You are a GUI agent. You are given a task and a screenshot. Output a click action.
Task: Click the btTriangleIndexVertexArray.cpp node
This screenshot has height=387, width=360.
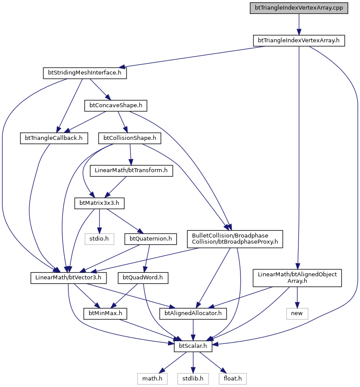299,8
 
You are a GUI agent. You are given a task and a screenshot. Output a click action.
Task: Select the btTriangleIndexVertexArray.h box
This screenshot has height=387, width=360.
299,41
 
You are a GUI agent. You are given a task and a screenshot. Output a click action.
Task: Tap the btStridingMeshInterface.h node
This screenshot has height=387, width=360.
85,73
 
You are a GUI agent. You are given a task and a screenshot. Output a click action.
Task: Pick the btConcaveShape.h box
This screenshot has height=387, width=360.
116,105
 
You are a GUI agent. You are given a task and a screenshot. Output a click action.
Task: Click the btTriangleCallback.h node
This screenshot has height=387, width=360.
54,138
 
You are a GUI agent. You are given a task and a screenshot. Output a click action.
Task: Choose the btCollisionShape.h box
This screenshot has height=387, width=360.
130,138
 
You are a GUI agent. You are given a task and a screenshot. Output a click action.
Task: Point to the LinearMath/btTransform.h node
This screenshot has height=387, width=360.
131,170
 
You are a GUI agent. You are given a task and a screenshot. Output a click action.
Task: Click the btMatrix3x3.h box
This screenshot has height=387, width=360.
99,203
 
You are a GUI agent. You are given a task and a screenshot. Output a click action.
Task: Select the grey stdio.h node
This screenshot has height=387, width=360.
99,239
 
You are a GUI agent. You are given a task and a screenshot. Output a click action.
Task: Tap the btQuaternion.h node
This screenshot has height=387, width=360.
151,239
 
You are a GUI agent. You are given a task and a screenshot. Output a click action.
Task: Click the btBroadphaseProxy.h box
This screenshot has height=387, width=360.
235,239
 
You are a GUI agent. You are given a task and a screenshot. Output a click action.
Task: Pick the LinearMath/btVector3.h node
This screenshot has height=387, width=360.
69,278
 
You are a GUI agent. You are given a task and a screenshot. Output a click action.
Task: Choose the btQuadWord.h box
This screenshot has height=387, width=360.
143,278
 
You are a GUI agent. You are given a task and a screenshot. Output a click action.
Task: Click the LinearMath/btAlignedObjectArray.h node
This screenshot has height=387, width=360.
297,278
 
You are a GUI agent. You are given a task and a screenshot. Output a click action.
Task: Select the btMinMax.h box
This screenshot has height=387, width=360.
105,313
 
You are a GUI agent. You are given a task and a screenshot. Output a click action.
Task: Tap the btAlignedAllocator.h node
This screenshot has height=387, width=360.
193,313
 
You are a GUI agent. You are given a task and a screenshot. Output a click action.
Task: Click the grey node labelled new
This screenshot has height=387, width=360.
297,313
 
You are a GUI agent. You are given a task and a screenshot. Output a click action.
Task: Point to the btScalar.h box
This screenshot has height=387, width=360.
193,346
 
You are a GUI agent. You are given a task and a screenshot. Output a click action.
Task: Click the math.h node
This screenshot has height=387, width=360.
152,379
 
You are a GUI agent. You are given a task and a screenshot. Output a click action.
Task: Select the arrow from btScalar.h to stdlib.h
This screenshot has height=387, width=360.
193,363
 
